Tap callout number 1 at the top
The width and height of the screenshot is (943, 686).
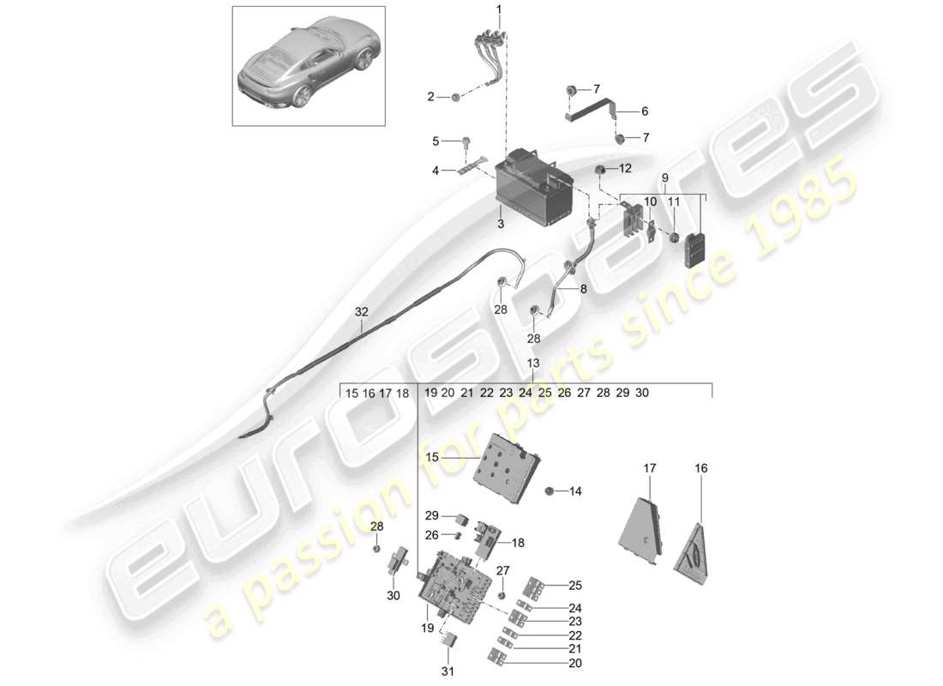click(x=499, y=10)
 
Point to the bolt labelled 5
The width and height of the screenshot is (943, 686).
click(x=467, y=141)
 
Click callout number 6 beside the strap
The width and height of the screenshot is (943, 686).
click(x=645, y=111)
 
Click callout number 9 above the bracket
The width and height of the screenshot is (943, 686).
click(x=664, y=178)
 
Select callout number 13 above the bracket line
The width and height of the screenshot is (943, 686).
click(x=534, y=364)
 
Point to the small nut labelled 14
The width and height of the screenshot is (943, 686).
click(x=550, y=491)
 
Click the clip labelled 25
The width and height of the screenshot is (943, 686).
click(x=536, y=587)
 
